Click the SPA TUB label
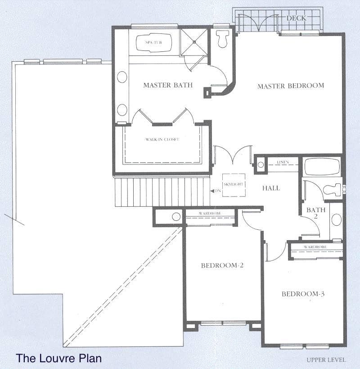tap(153, 42)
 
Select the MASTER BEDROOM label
tap(291, 86)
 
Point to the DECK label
tap(296, 18)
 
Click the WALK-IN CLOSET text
tap(162, 139)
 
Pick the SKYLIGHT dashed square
tap(234, 185)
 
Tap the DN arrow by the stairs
tap(212, 191)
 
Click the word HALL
tap(271, 188)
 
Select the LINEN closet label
tap(283, 162)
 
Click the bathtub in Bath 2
tap(322, 167)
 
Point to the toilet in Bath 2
tap(333, 190)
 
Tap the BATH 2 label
tap(316, 213)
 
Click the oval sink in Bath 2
tap(336, 219)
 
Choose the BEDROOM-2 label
tap(222, 265)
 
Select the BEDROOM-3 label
tap(303, 294)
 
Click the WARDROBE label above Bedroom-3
tap(315, 247)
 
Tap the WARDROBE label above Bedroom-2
tap(210, 213)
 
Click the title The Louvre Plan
tap(59, 358)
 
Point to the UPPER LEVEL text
tap(326, 360)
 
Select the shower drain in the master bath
tap(194, 42)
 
